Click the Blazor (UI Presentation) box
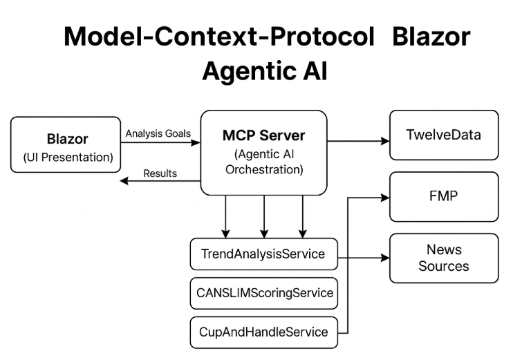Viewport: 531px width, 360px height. point(66,144)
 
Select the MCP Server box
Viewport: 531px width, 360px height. point(263,152)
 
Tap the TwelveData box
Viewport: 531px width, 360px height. point(443,135)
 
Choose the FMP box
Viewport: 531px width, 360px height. point(443,196)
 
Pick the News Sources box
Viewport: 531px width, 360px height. point(443,258)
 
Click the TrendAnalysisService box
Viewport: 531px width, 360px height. point(263,254)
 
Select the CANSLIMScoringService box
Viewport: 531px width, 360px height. point(263,293)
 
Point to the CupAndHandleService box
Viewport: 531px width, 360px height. point(263,332)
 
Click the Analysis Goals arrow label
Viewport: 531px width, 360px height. point(158,133)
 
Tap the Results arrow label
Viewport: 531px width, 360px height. point(160,173)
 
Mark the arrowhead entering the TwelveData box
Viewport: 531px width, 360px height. point(385,141)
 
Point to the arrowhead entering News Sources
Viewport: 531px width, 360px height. point(385,259)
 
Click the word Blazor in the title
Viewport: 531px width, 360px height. point(431,37)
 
